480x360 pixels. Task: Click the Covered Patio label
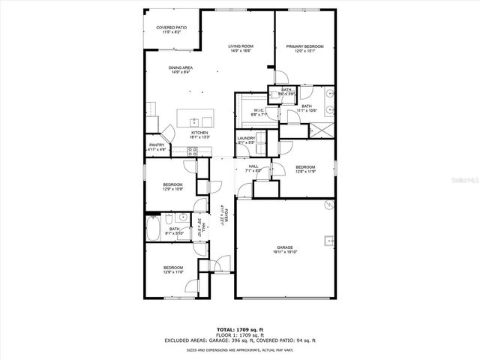172,28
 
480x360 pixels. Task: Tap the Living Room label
240,46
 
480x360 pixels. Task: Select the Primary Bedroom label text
304,46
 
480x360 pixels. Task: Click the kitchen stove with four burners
192,152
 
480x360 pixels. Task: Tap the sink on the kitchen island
195,120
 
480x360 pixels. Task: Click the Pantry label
157,145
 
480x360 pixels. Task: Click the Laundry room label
247,139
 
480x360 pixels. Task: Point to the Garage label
284,247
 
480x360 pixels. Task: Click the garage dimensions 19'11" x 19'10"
284,252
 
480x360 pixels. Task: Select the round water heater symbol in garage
327,205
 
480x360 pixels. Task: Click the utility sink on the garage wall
328,241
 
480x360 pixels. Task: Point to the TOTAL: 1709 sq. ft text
240,329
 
